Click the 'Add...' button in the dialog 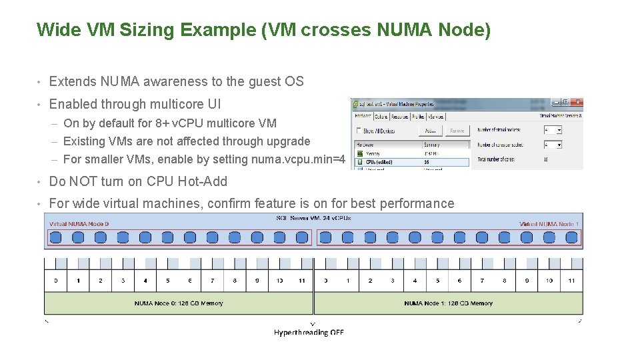click(430, 131)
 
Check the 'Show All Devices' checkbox click(359, 131)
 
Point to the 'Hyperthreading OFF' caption click(309, 332)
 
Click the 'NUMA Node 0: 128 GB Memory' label click(179, 303)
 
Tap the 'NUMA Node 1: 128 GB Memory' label click(448, 303)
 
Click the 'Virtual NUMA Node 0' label click(79, 224)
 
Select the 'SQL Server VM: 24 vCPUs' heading click(313, 218)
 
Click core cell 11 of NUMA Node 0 click(302, 281)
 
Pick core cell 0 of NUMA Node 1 click(325, 281)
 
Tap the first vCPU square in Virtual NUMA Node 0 click(56, 237)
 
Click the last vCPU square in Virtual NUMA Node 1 click(571, 237)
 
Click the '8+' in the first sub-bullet click(162, 123)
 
